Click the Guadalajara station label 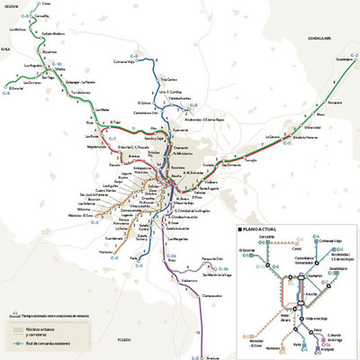343,65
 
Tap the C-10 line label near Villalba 55,65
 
